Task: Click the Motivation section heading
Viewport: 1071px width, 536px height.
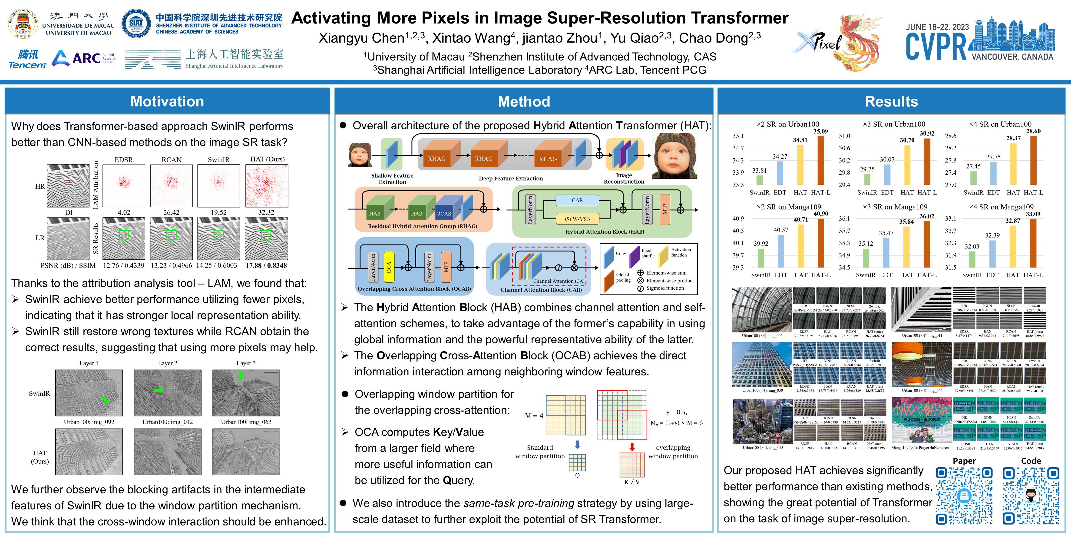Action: (x=167, y=101)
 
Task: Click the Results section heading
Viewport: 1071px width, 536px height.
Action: (x=891, y=101)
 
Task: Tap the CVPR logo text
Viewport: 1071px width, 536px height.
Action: (x=936, y=47)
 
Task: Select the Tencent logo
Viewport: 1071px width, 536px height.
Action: (x=27, y=59)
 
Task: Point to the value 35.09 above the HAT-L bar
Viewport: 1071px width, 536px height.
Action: (x=820, y=131)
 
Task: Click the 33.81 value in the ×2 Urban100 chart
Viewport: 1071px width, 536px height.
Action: (x=759, y=171)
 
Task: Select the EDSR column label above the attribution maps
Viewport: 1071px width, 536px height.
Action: (x=123, y=160)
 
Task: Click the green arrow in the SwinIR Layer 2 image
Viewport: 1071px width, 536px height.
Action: (x=158, y=390)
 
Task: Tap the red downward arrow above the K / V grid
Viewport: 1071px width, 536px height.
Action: (x=632, y=446)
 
